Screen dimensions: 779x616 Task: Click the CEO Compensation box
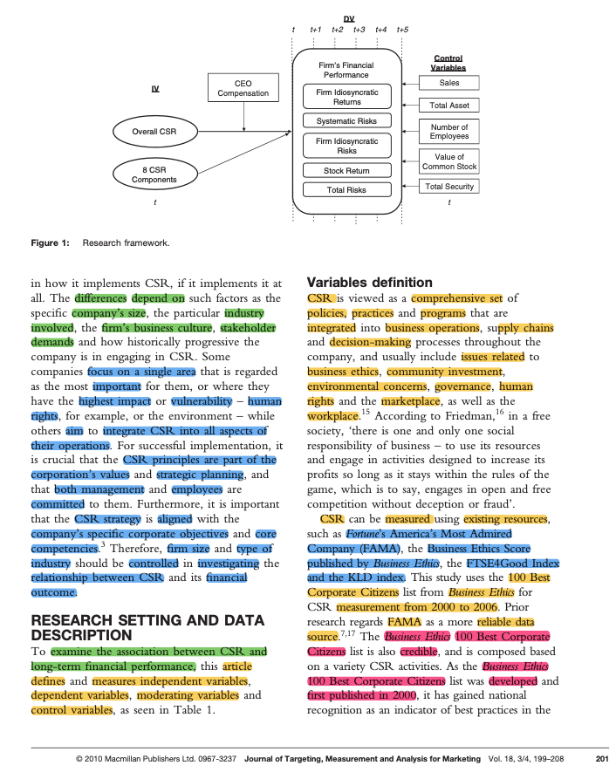[243, 88]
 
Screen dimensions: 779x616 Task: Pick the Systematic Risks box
[346, 121]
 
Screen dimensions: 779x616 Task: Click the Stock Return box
[346, 171]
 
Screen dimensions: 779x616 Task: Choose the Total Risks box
[346, 189]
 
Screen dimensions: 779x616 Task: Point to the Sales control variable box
[448, 83]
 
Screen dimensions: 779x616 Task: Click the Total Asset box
[448, 106]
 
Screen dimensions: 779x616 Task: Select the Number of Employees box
[448, 132]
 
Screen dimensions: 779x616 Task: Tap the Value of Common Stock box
[448, 161]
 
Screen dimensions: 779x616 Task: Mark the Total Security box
[448, 187]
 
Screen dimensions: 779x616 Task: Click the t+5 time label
[401, 30]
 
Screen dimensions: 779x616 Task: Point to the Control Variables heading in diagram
[448, 63]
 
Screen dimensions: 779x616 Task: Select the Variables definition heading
[369, 283]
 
